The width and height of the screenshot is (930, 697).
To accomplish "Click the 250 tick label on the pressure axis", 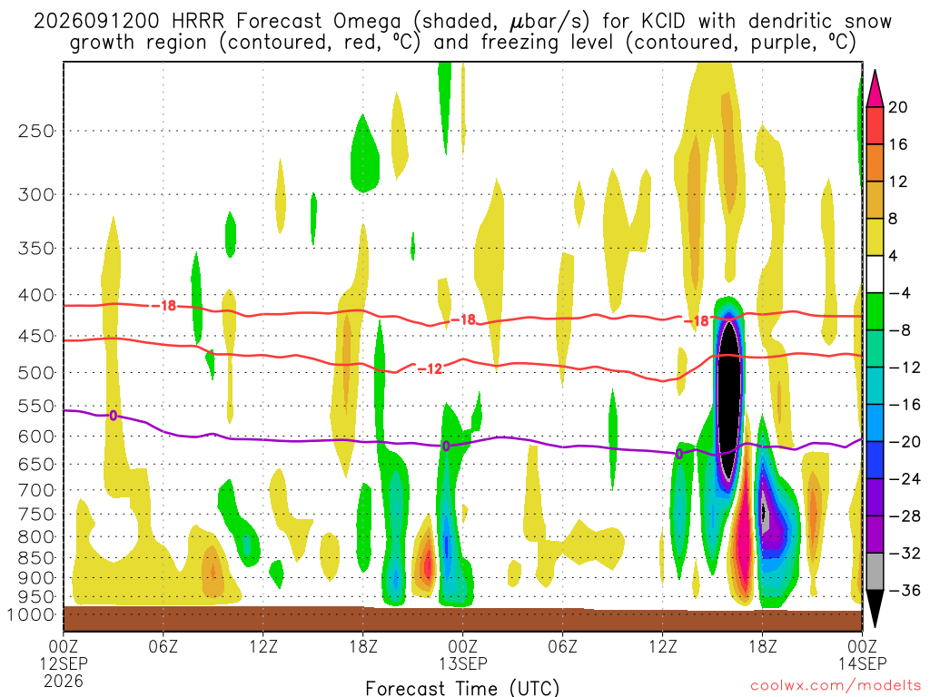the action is click(x=36, y=131).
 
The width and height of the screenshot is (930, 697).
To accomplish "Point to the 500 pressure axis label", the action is click(x=36, y=373).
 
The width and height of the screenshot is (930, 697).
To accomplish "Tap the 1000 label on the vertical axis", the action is click(x=30, y=614).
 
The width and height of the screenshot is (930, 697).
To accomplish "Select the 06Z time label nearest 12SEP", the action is click(x=163, y=646).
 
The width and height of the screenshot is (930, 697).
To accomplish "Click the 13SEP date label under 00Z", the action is click(x=463, y=663).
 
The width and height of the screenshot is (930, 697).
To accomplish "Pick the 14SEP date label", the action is click(x=863, y=663).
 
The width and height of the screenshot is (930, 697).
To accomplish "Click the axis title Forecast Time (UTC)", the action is click(x=462, y=688).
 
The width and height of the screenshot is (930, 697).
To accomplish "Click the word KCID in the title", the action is click(x=663, y=22).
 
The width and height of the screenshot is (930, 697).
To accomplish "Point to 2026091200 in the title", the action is click(x=96, y=22).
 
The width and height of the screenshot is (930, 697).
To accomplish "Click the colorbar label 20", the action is click(x=898, y=107).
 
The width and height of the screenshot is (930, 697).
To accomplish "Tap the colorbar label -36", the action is click(x=904, y=590).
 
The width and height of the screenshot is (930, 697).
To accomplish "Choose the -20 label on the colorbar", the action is click(x=904, y=442).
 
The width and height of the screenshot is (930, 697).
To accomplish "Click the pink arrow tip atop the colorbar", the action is click(x=875, y=72).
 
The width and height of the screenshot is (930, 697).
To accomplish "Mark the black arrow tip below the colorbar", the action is click(x=875, y=626).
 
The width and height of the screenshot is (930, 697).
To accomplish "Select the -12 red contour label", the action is click(x=430, y=368).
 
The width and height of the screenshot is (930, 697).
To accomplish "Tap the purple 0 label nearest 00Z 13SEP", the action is click(x=446, y=446).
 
